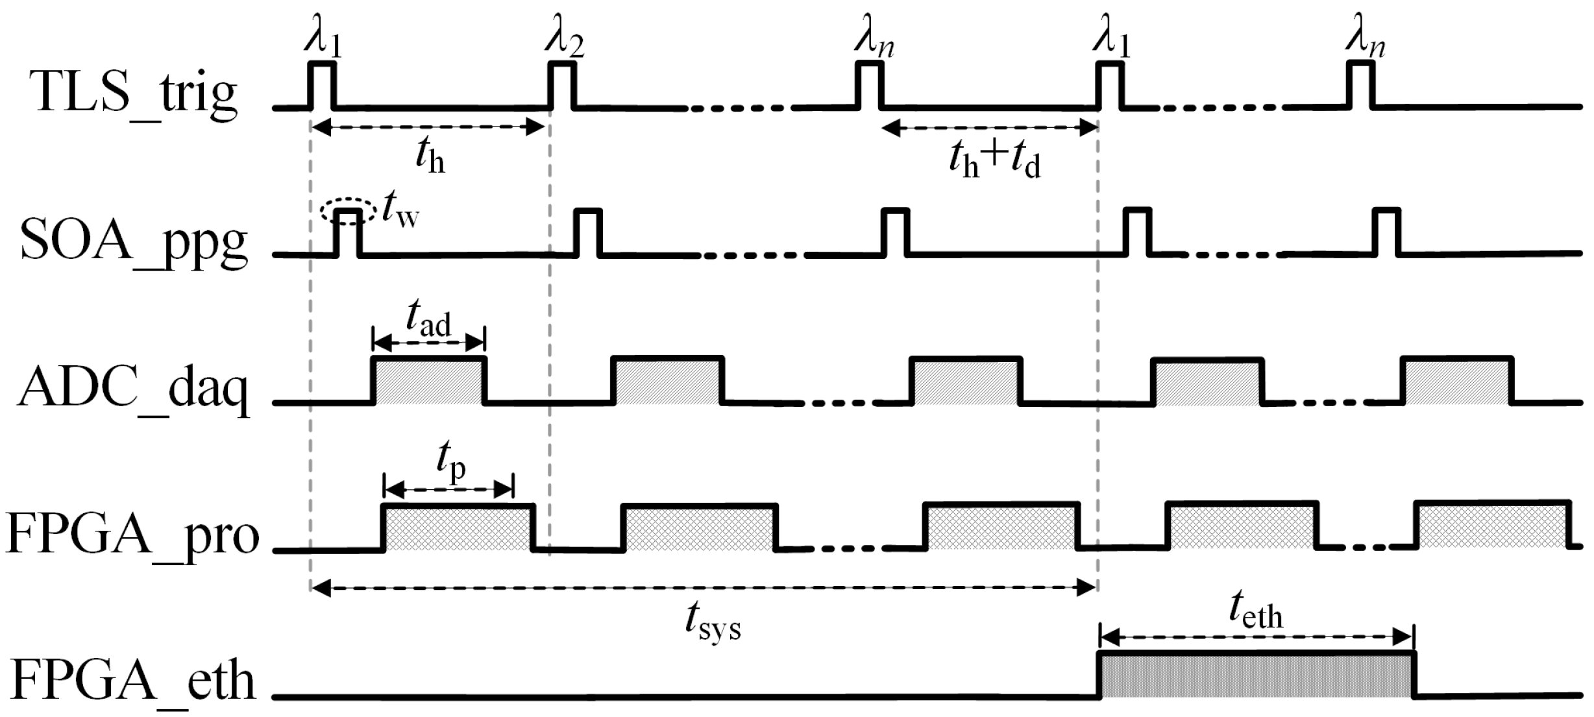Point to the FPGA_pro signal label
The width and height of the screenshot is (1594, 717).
coord(133,537)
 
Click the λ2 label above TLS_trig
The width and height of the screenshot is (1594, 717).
coord(563,42)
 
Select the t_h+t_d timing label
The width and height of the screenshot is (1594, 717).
coord(994,160)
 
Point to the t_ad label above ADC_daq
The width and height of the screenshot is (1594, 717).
coord(428,320)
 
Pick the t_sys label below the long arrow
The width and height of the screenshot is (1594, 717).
coord(713,624)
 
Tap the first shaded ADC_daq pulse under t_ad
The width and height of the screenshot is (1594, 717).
coord(429,381)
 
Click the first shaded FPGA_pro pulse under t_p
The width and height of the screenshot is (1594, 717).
coord(459,528)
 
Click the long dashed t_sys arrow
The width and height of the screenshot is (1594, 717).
coord(704,589)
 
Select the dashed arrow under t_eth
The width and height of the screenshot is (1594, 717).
coord(1257,638)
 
